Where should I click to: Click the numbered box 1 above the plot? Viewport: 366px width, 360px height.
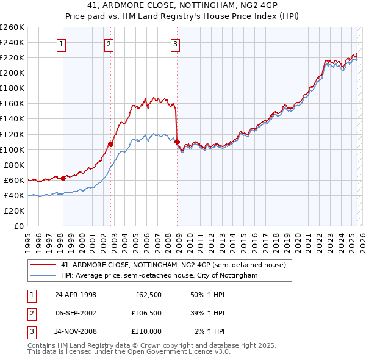[63, 43]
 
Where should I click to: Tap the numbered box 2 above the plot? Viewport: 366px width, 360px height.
[108, 43]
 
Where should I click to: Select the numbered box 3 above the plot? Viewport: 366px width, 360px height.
[175, 43]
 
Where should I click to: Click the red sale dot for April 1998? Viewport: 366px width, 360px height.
[63, 178]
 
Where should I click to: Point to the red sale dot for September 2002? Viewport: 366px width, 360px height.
[111, 144]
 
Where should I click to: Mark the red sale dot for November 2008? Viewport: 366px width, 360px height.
[178, 142]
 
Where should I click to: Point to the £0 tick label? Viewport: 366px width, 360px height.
[19, 226]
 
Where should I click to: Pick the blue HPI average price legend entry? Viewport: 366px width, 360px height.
[159, 276]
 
